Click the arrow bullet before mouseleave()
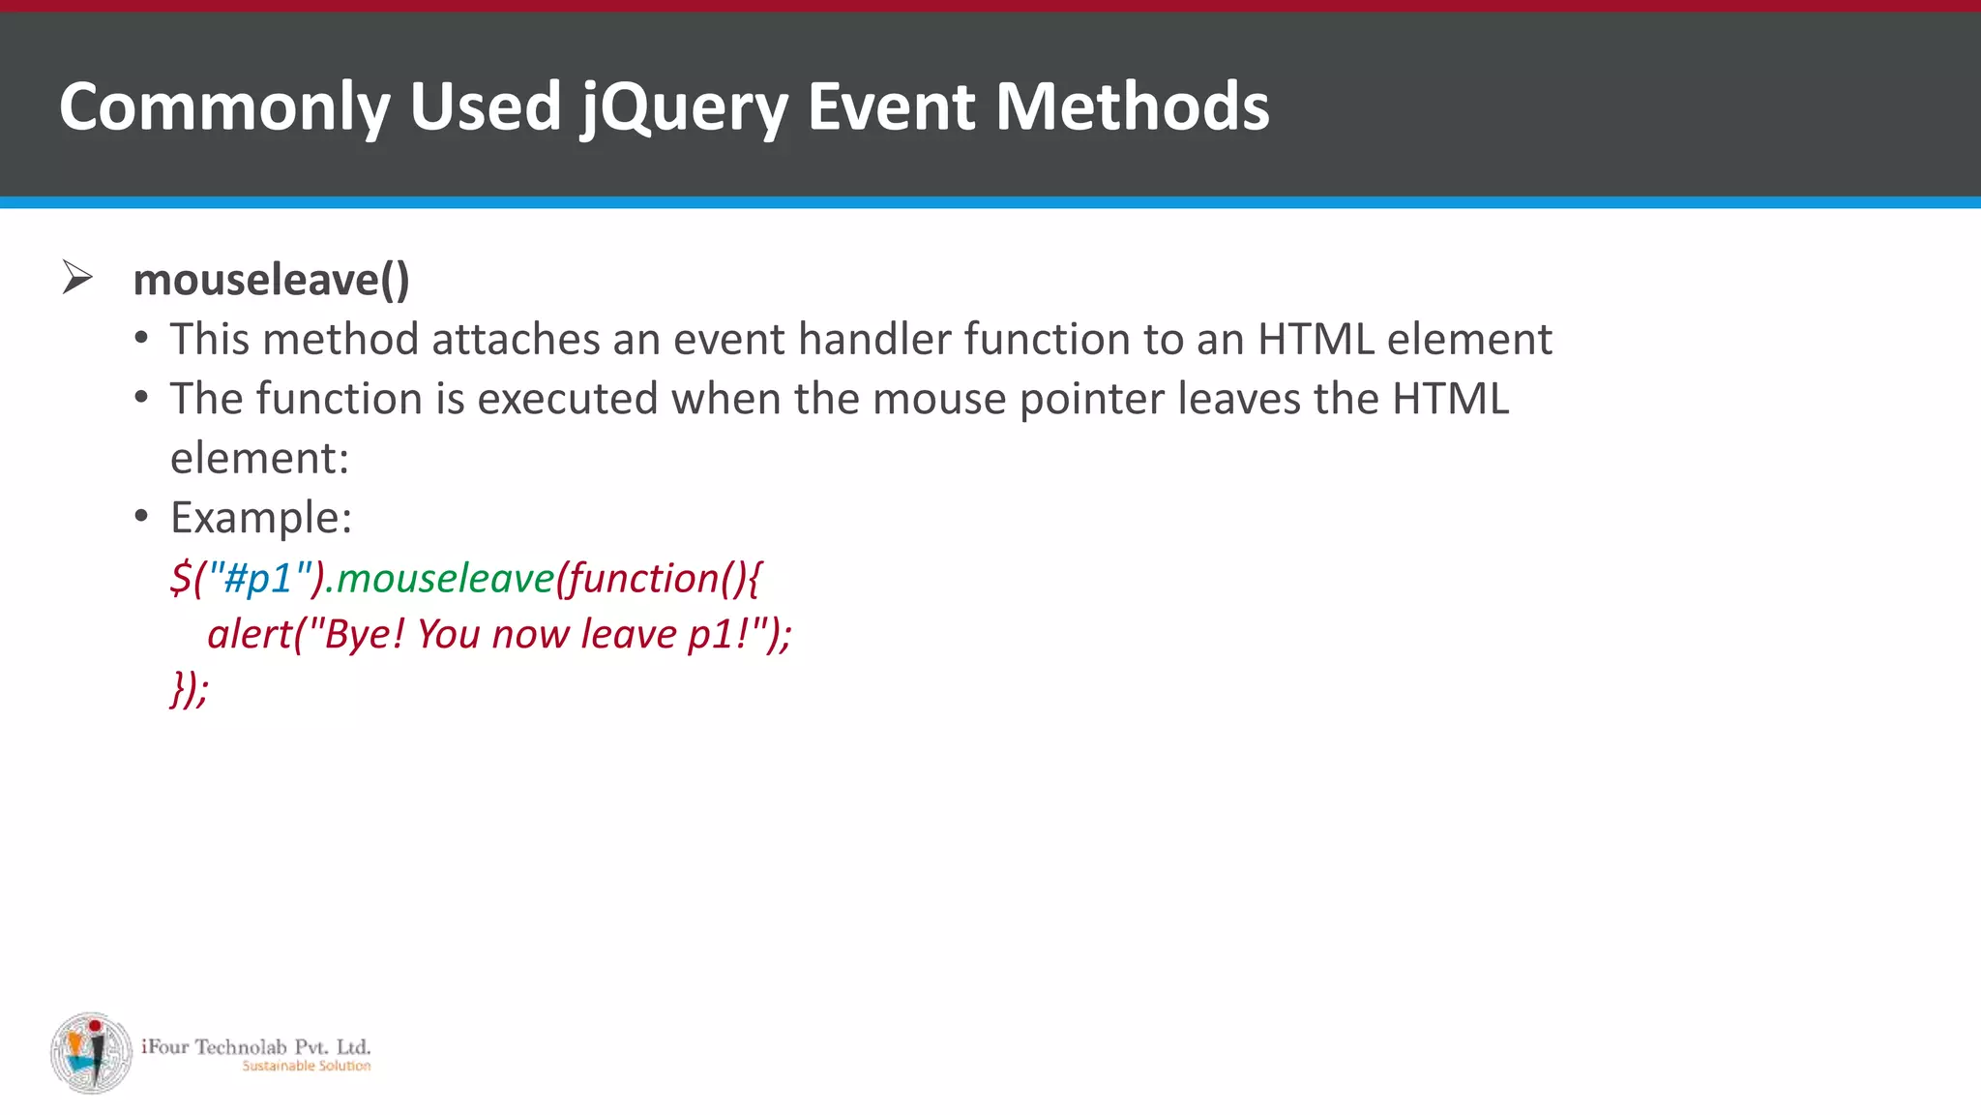click(77, 278)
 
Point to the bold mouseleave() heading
click(271, 280)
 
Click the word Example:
click(261, 518)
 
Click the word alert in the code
click(249, 635)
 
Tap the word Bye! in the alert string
click(358, 635)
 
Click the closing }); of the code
click(190, 689)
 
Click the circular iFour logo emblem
click(92, 1053)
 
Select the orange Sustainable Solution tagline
click(306, 1066)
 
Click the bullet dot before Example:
click(141, 516)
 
